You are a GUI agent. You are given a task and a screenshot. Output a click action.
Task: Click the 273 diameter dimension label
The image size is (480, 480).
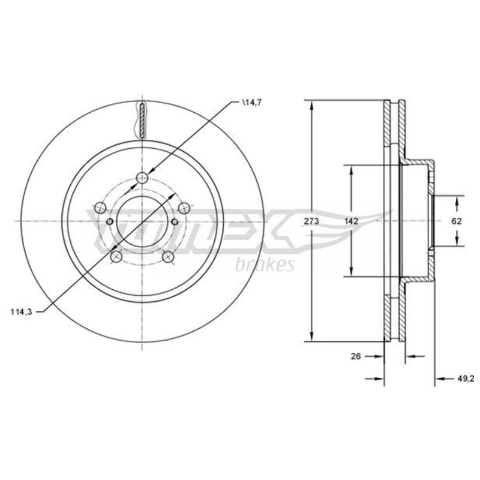[x=311, y=221]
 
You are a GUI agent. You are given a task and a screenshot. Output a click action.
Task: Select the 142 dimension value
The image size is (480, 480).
[x=351, y=221]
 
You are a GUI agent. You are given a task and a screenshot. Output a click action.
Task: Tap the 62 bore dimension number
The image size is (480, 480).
[x=456, y=221]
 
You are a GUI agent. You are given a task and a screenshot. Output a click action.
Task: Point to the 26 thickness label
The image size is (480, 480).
[x=356, y=356]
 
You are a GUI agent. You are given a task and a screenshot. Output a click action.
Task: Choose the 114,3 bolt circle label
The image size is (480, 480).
[x=21, y=312]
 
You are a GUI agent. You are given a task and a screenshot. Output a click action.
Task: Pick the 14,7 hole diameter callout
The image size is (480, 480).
[x=251, y=103]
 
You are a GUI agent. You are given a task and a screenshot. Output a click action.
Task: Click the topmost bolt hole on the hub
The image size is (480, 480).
[x=142, y=178]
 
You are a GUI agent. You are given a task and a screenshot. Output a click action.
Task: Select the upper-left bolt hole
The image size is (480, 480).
[x=100, y=208]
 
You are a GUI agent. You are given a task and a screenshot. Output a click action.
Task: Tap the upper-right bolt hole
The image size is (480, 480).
[x=184, y=208]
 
